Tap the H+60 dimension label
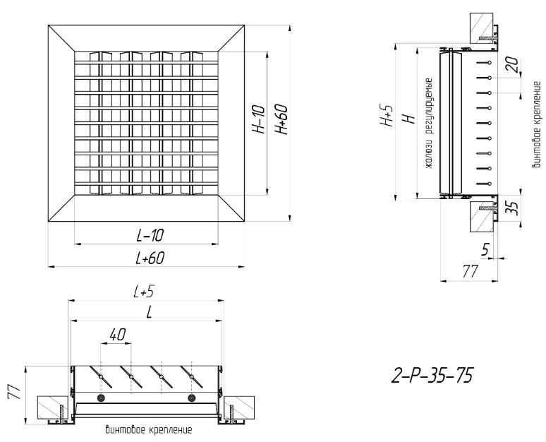(x=281, y=121)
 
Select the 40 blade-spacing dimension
(x=117, y=336)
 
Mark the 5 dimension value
(x=485, y=249)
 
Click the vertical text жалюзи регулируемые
(x=427, y=126)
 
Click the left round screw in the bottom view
(x=102, y=398)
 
